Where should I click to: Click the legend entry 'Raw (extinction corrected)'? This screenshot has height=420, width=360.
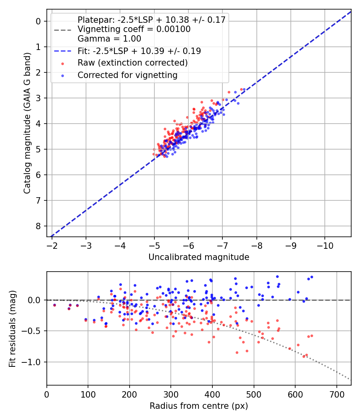point(132,63)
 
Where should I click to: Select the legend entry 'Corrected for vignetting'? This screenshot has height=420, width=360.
point(127,75)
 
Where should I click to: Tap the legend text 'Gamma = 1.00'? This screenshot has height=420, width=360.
point(109,39)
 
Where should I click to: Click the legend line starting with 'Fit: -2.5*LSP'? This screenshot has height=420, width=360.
point(139,51)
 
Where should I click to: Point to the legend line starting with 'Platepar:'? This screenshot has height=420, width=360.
point(151,20)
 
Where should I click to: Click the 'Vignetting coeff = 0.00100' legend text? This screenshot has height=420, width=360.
point(134,29)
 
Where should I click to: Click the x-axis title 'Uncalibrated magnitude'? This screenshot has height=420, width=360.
point(199,257)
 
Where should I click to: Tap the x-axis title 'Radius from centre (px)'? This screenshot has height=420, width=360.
point(199,406)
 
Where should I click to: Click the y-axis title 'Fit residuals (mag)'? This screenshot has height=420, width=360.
point(12,329)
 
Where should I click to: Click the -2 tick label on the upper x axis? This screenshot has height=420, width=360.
point(52,244)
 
